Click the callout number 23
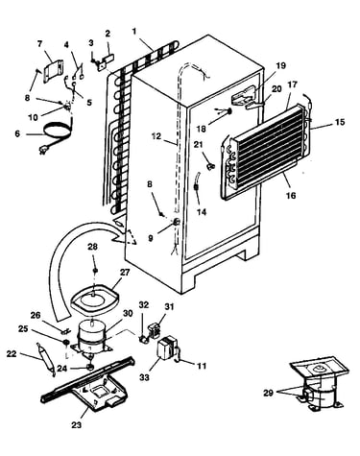click(x=76, y=425)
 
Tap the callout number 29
click(x=268, y=393)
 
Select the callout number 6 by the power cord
click(x=17, y=133)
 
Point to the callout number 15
click(x=340, y=122)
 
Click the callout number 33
click(x=144, y=377)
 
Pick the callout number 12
click(x=156, y=136)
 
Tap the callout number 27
click(x=125, y=273)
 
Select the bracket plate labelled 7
click(x=53, y=71)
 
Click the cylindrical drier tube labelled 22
click(x=45, y=360)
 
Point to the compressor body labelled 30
click(x=92, y=338)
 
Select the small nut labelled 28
click(x=95, y=271)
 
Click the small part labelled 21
click(x=211, y=166)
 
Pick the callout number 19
click(x=280, y=66)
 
